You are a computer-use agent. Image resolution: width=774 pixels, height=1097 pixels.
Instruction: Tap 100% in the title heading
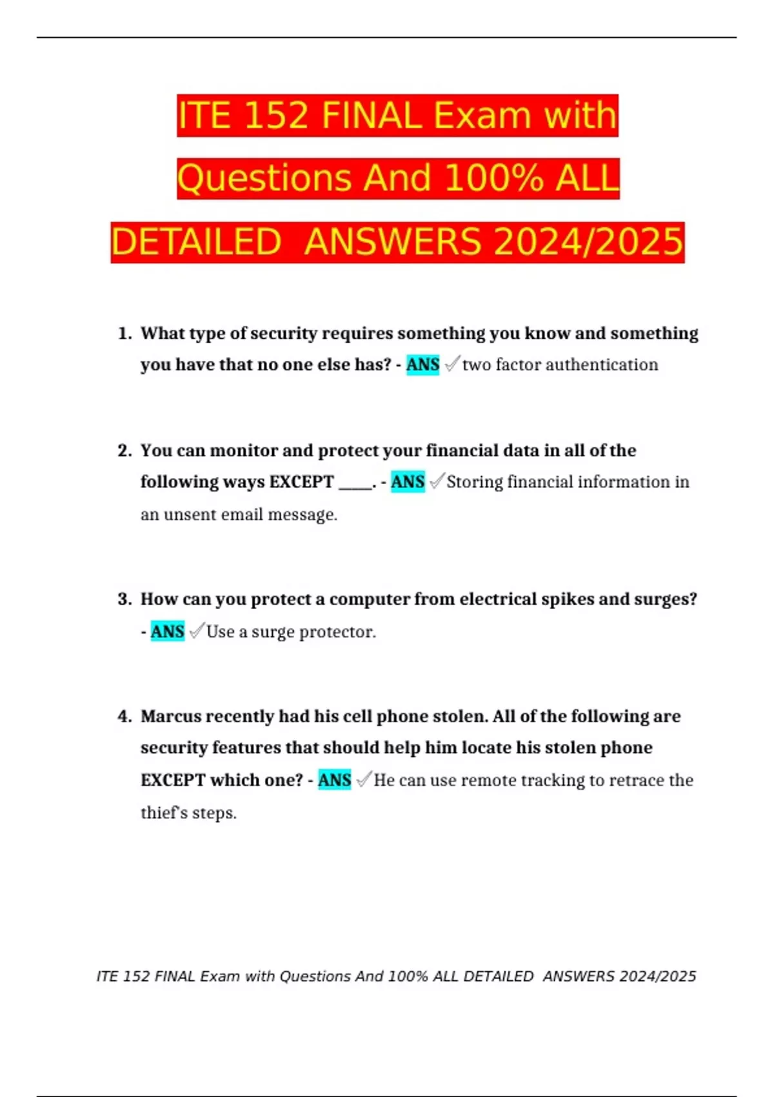(493, 179)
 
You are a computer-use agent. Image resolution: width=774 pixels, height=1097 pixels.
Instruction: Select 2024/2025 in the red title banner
(588, 242)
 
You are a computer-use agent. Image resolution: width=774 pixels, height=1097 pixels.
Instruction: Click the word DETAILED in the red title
(196, 242)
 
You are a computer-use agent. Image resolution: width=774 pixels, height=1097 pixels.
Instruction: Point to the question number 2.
(124, 450)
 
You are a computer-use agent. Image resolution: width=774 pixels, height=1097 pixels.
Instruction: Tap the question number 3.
(124, 599)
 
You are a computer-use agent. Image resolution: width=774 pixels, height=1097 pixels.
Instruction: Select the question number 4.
(124, 716)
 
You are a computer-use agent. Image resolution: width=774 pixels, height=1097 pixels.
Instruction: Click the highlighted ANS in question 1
(422, 365)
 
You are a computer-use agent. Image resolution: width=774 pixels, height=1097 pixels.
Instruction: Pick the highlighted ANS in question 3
(167, 631)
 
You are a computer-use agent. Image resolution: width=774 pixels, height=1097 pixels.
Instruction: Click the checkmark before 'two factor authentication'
(452, 364)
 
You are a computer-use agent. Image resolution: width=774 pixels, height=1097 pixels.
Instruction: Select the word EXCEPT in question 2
(301, 482)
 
